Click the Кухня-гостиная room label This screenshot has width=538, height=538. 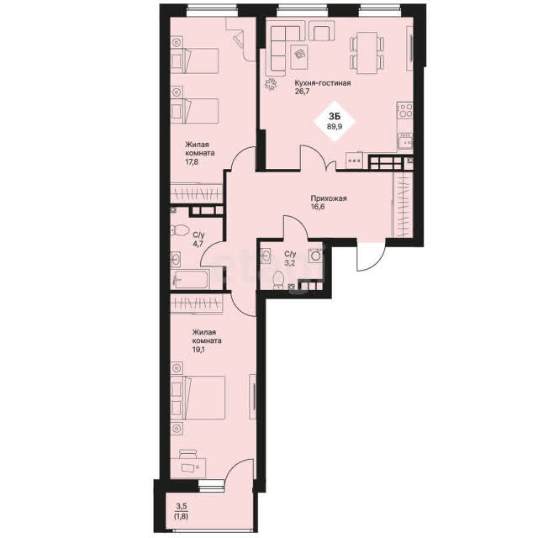pyautogui.click(x=323, y=83)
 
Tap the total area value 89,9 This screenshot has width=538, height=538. pyautogui.click(x=335, y=126)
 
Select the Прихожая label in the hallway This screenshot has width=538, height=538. pyautogui.click(x=329, y=198)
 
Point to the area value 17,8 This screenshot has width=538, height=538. pyautogui.click(x=192, y=161)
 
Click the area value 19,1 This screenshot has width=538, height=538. pyautogui.click(x=198, y=350)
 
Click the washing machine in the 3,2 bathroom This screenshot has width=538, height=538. pyautogui.click(x=316, y=256)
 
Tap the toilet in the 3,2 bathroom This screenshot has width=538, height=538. pyautogui.click(x=278, y=278)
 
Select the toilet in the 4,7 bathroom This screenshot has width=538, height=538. pyautogui.click(x=180, y=229)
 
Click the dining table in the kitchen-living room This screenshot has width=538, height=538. pyautogui.click(x=367, y=52)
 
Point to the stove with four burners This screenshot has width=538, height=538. pyautogui.click(x=405, y=110)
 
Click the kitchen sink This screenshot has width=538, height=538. pyautogui.click(x=405, y=142)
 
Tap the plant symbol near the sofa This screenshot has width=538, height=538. pyautogui.click(x=271, y=84)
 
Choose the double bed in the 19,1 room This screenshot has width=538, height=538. pyautogui.click(x=198, y=398)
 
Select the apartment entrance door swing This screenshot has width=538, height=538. pyautogui.click(x=372, y=256)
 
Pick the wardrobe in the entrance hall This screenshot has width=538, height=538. pyautogui.click(x=403, y=204)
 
